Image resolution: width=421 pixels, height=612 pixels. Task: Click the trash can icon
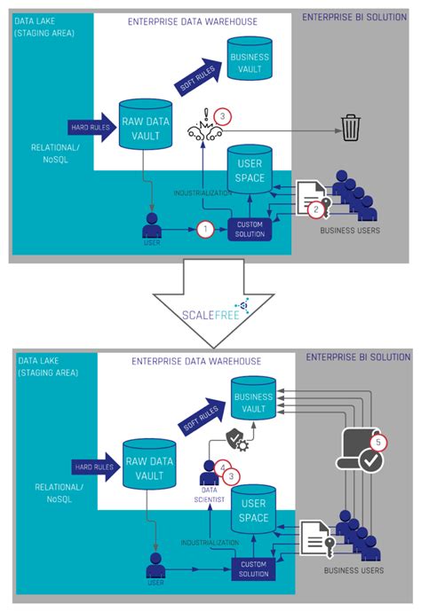350,129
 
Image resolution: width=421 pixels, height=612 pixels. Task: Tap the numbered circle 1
205,229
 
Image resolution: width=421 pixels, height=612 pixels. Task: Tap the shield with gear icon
236,439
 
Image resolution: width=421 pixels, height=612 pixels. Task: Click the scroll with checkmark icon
362,451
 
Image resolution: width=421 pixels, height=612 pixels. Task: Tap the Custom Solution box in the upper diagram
250,228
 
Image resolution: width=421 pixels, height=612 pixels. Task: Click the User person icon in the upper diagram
152,225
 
